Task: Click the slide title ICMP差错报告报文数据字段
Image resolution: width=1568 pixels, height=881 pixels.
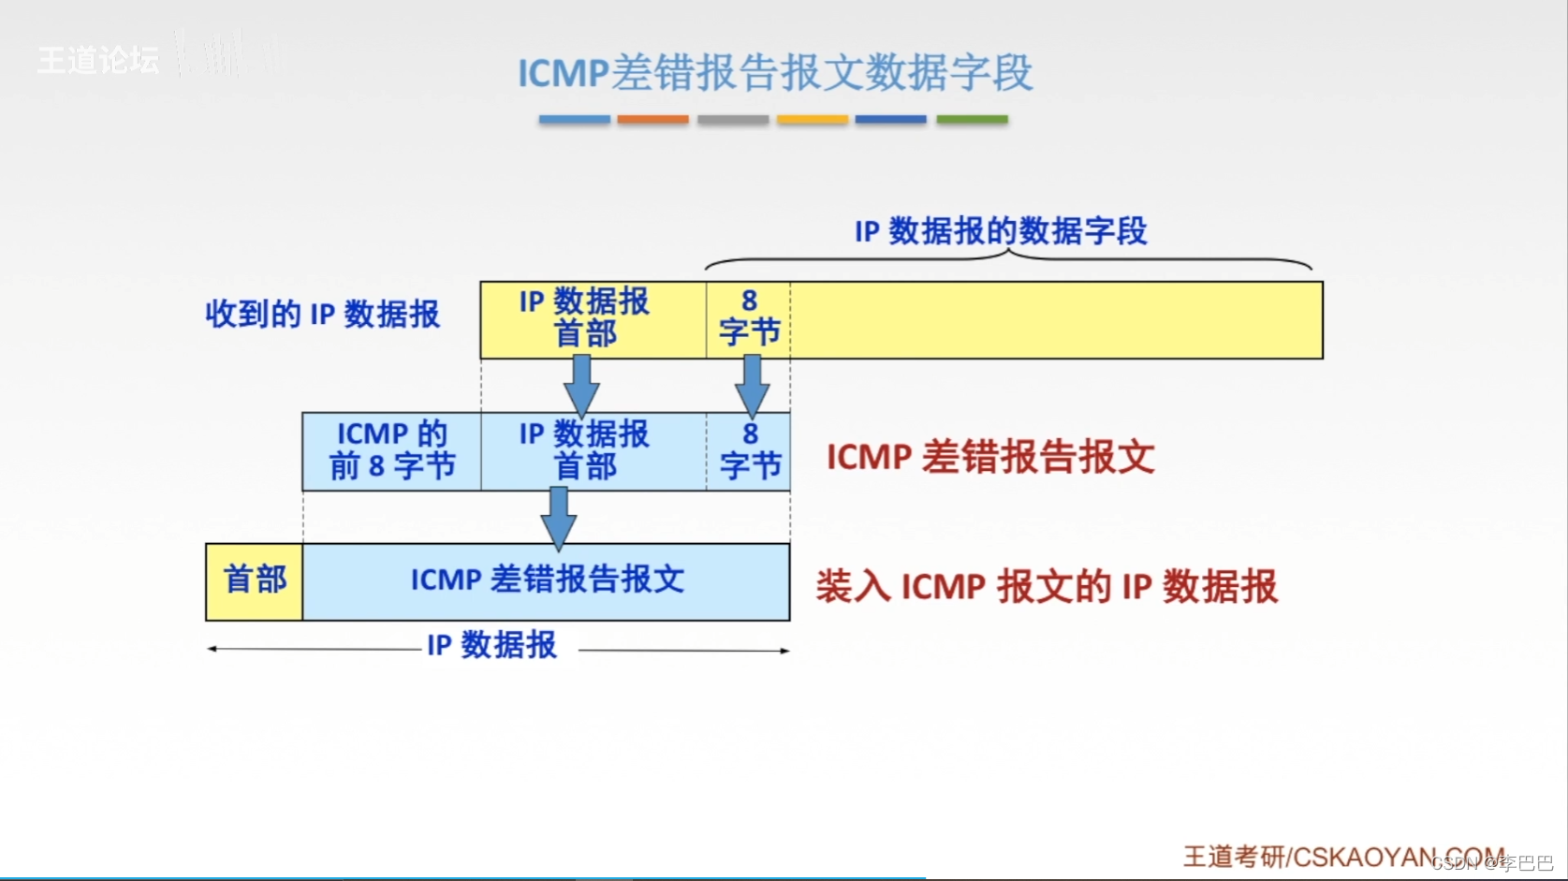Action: click(x=775, y=73)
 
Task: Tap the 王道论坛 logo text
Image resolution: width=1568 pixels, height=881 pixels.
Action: click(x=98, y=61)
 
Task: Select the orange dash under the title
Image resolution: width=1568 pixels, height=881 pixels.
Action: click(x=652, y=120)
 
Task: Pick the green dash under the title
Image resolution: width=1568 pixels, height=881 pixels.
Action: click(x=972, y=120)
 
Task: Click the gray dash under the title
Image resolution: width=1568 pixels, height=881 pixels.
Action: click(x=733, y=120)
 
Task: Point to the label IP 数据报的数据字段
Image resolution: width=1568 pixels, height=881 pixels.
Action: click(x=1001, y=230)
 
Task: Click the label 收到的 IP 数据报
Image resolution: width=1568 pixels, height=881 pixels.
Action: click(x=322, y=315)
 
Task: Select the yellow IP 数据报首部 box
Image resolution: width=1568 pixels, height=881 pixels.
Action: click(x=593, y=319)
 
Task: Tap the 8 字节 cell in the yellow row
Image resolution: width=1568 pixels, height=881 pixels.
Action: click(x=748, y=319)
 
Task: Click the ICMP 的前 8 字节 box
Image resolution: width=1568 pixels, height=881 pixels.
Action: click(x=391, y=451)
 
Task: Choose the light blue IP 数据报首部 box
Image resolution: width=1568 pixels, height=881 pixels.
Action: click(x=593, y=451)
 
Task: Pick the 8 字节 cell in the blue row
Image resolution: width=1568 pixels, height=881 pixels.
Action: click(x=749, y=451)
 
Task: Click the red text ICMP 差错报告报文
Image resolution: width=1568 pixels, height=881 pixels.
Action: click(x=989, y=458)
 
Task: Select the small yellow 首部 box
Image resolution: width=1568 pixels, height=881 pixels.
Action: click(x=255, y=580)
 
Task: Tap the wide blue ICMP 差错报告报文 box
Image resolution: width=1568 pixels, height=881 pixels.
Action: click(x=547, y=580)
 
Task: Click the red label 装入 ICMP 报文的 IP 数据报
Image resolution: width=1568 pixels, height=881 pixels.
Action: click(x=1046, y=587)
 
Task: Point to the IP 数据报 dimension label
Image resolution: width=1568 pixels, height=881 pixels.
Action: click(x=492, y=646)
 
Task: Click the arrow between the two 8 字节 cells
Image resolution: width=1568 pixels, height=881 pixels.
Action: click(x=752, y=385)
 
